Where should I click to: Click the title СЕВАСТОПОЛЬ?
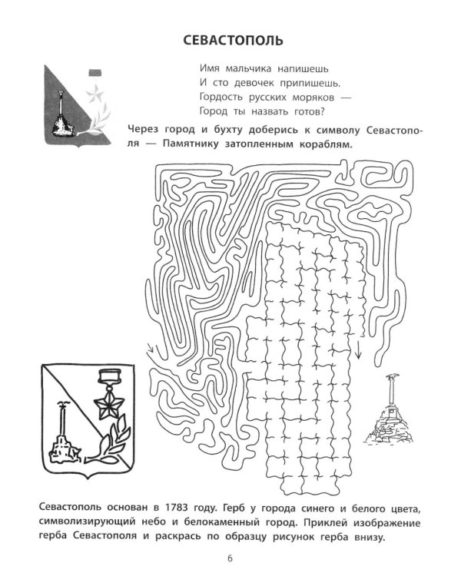click(233, 41)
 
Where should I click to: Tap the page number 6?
click(230, 559)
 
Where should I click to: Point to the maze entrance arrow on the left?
click(151, 348)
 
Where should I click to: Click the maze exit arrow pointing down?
click(358, 349)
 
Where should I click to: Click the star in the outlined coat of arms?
click(109, 406)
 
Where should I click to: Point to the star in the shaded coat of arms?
click(95, 94)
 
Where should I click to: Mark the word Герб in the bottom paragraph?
click(230, 508)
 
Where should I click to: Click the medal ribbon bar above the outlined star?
click(110, 375)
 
